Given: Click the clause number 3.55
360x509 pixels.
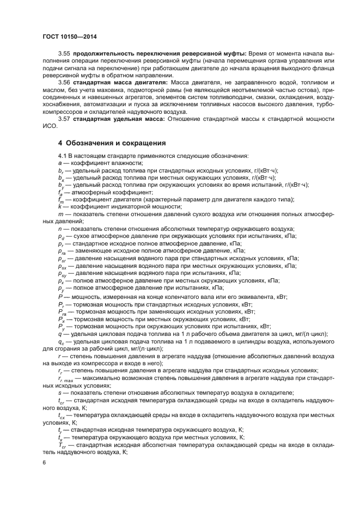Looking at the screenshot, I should (x=65, y=54).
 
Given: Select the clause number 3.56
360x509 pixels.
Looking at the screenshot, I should (x=65, y=82).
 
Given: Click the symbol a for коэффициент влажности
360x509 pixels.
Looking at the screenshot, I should (x=60, y=163).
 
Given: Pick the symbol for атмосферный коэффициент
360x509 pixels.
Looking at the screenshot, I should (x=60, y=192).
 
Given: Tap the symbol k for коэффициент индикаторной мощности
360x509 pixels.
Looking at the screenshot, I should (x=60, y=206).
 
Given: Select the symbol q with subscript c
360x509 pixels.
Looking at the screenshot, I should (x=61, y=341).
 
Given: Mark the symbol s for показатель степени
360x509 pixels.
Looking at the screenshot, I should (x=60, y=392).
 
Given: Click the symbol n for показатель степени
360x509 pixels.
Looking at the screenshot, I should (x=60, y=229).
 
